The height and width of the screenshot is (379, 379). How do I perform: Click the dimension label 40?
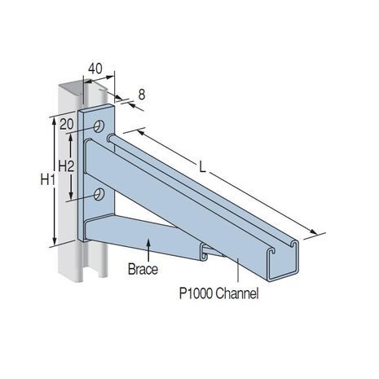pos(95,68)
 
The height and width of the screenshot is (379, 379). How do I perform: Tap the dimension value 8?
pos(142,95)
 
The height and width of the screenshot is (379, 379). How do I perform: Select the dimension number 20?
pos(67,125)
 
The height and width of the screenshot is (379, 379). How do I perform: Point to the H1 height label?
pos(48,180)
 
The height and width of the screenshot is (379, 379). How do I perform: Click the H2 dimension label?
pos(66,166)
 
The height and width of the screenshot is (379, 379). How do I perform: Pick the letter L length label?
pos(202,167)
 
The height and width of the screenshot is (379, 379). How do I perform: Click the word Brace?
pos(143,269)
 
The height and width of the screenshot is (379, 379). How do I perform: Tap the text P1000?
pos(196,293)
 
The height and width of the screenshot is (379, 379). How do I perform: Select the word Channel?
pos(237,293)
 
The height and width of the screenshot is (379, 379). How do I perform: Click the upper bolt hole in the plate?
pos(99,126)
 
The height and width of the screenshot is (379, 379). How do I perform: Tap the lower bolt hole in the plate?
pos(99,194)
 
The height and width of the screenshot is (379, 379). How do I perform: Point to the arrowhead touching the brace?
pos(148,243)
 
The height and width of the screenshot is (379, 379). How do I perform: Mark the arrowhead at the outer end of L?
pos(314,231)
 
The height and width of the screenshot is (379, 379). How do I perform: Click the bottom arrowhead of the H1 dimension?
pos(55,240)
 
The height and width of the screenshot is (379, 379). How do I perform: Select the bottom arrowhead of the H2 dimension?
pos(71,195)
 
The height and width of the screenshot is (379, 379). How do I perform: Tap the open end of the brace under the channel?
pos(205,252)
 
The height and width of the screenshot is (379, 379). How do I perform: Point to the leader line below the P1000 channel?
pos(238,270)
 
